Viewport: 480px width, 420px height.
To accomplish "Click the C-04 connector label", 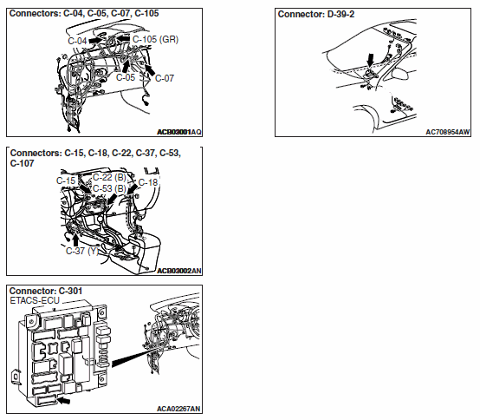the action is [x=77, y=41].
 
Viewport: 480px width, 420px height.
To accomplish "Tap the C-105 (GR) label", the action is [x=155, y=39].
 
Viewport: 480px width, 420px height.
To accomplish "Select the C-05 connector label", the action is [x=126, y=77].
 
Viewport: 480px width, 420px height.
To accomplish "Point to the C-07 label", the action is [x=165, y=78].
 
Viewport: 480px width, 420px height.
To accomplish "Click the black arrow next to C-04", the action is [x=95, y=40].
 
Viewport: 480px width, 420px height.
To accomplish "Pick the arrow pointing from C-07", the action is [x=150, y=70].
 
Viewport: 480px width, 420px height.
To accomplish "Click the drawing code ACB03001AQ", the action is [x=179, y=132].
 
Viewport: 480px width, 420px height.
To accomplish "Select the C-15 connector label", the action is [x=66, y=180].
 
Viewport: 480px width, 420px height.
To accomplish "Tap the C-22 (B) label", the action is [x=109, y=177].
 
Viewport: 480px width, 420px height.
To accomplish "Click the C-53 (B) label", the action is [x=109, y=188].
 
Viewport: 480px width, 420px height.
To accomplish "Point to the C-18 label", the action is [x=148, y=182].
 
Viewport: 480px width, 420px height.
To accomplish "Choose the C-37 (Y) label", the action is [x=82, y=251].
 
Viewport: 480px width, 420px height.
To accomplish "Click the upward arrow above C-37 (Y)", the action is [x=75, y=240].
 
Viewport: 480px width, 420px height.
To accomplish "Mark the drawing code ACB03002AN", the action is [x=179, y=271].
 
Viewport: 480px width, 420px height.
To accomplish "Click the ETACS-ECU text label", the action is [x=35, y=300].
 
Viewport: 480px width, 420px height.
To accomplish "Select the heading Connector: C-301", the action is [x=46, y=291].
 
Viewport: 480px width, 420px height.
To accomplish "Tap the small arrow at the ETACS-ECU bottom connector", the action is [x=64, y=400].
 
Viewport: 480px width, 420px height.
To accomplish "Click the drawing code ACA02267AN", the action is [x=178, y=409].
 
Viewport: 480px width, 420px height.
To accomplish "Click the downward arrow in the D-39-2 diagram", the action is [x=371, y=60].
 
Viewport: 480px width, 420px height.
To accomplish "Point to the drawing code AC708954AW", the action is [x=448, y=132].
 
